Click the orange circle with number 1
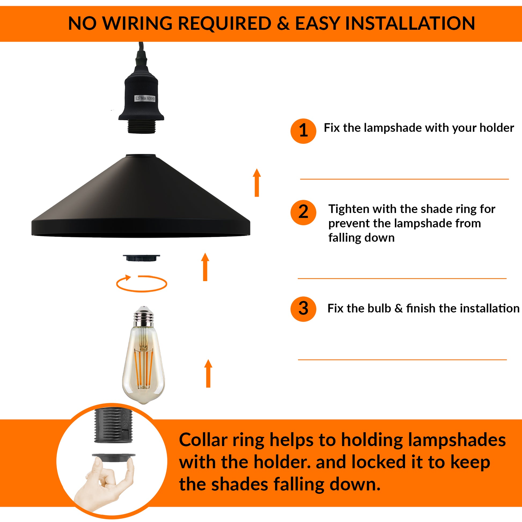pos(303,131)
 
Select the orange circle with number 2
pos(303,213)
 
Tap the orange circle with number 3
pos(303,309)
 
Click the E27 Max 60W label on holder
pos(145,98)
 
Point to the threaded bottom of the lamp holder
pos(141,127)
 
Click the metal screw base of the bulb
pos(144,317)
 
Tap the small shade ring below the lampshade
pos(141,258)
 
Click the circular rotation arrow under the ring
pos(142,284)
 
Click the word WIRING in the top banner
pos(138,24)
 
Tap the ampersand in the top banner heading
pos(283,24)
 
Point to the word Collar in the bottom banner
pos(203,440)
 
